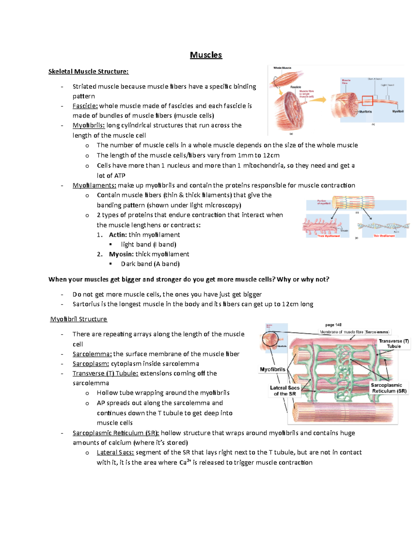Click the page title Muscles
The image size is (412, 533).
point(206,55)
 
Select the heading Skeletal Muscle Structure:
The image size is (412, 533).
point(88,71)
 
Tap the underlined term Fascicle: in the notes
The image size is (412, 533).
point(85,106)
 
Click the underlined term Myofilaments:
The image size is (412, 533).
point(94,185)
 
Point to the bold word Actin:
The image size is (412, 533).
point(118,235)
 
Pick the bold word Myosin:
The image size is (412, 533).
point(121,254)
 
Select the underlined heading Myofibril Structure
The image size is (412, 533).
point(79,319)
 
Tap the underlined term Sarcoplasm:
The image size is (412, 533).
point(91,363)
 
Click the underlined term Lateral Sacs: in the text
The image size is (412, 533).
point(115,452)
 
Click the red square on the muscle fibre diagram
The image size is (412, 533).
point(367,101)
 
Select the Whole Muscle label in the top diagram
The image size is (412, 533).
point(282,68)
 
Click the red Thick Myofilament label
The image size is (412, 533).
point(329,236)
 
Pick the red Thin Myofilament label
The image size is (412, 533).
point(384,236)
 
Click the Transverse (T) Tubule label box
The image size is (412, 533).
point(393,344)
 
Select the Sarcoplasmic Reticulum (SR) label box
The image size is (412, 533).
point(389,388)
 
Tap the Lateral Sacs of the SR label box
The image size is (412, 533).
point(285,391)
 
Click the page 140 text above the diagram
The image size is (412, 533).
point(333,325)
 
